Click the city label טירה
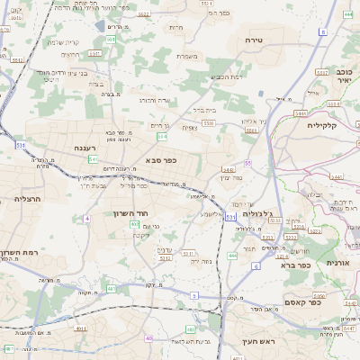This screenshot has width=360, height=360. (253, 41)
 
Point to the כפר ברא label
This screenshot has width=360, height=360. (290, 265)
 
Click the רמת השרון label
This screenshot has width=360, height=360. (16, 255)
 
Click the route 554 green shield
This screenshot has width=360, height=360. (162, 137)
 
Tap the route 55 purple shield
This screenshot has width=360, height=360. (247, 163)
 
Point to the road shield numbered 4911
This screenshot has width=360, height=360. (80, 329)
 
